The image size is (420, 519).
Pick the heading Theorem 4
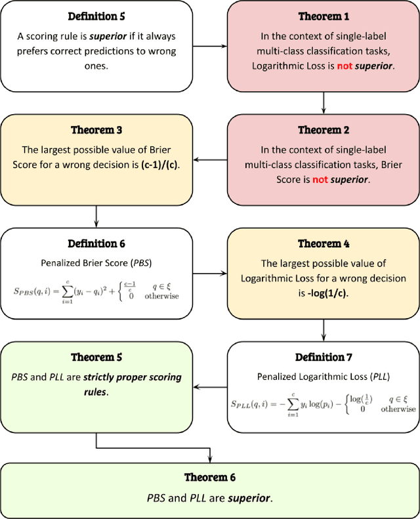(324, 243)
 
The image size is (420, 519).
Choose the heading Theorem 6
(210, 478)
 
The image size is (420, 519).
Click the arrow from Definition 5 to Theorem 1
(209, 47)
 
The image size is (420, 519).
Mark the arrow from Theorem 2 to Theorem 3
(209, 157)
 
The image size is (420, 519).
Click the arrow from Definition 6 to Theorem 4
(209, 272)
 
